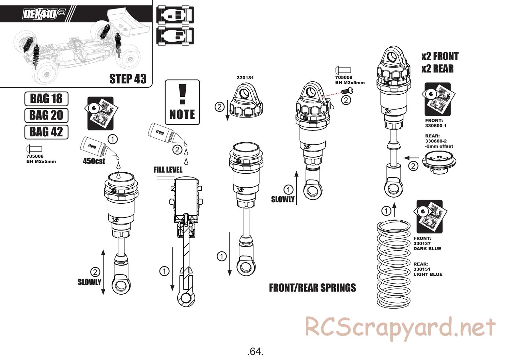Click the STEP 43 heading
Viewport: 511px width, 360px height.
[x=128, y=79]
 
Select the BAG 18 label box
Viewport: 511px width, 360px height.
[x=46, y=98]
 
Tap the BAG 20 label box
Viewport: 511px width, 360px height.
[x=46, y=115]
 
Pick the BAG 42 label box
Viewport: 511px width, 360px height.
[x=46, y=131]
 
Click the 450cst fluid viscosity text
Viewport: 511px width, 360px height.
[x=94, y=161]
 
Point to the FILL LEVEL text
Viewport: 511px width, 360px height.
[x=168, y=170]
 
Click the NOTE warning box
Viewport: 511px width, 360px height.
[x=182, y=102]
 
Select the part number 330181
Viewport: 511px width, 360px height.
[x=245, y=78]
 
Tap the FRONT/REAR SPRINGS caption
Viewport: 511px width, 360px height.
[x=312, y=288]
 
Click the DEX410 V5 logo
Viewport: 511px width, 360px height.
[x=43, y=14]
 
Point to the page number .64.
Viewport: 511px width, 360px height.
[x=255, y=351]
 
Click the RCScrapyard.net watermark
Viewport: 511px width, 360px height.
[x=400, y=328]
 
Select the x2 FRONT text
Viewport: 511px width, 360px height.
[x=440, y=56]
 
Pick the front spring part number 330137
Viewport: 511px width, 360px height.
[x=422, y=244]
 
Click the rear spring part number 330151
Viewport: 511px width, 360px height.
[x=422, y=269]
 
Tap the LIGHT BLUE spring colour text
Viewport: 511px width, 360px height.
[x=428, y=275]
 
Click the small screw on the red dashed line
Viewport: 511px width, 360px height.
[x=347, y=91]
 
